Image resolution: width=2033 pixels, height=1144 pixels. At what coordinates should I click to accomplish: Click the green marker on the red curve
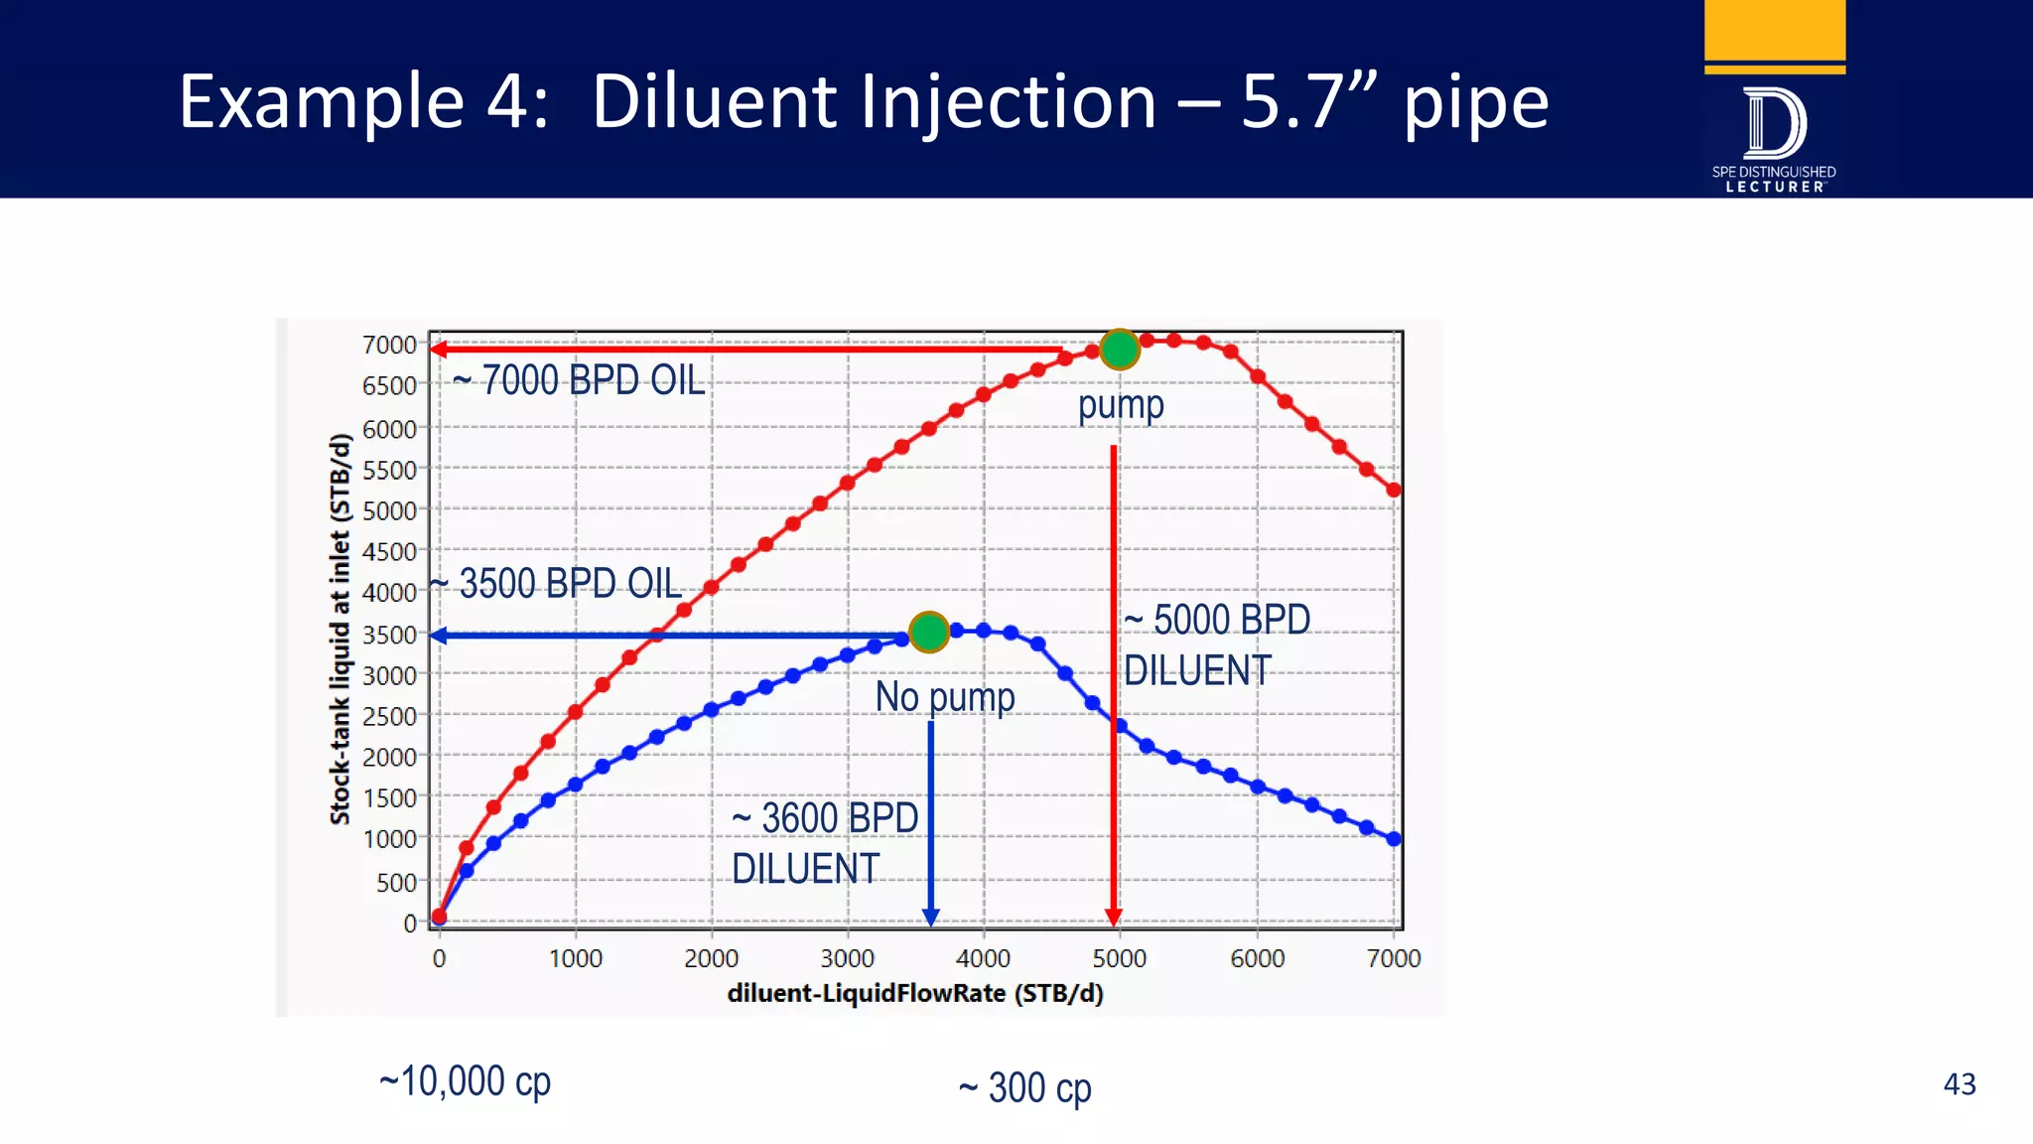(1120, 350)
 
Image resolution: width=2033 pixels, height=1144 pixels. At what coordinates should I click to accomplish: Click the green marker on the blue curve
(929, 632)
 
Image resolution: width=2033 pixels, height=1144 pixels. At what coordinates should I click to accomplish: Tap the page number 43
(1959, 1084)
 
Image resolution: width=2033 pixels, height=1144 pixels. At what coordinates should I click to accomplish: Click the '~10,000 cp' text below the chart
(465, 1081)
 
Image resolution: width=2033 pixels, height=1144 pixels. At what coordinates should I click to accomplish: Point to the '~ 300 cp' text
(1024, 1088)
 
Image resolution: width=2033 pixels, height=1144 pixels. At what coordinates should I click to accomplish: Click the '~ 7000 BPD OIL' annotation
(579, 381)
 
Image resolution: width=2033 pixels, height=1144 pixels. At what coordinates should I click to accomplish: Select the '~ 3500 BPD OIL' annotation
(556, 584)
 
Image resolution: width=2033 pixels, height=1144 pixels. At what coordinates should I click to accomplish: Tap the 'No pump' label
(945, 697)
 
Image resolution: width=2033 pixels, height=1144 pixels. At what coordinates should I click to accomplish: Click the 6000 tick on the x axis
(1257, 958)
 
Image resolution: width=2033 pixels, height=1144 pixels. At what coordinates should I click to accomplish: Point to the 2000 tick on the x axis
(711, 958)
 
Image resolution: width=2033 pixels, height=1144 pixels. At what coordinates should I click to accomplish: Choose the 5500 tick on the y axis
(389, 470)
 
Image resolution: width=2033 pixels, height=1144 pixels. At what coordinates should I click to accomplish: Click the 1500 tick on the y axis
(389, 798)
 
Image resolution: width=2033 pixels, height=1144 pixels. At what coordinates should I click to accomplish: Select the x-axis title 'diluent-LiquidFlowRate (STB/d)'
(915, 994)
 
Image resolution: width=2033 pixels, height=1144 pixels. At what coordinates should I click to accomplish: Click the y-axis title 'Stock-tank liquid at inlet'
(340, 630)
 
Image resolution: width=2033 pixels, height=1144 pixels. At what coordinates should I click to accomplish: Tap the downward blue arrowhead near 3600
(931, 917)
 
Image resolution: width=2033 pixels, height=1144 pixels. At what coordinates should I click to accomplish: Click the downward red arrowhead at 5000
(1114, 917)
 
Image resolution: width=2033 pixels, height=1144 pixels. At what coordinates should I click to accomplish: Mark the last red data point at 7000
(1394, 490)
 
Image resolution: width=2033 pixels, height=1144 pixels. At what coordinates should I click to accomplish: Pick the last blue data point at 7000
(1394, 839)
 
